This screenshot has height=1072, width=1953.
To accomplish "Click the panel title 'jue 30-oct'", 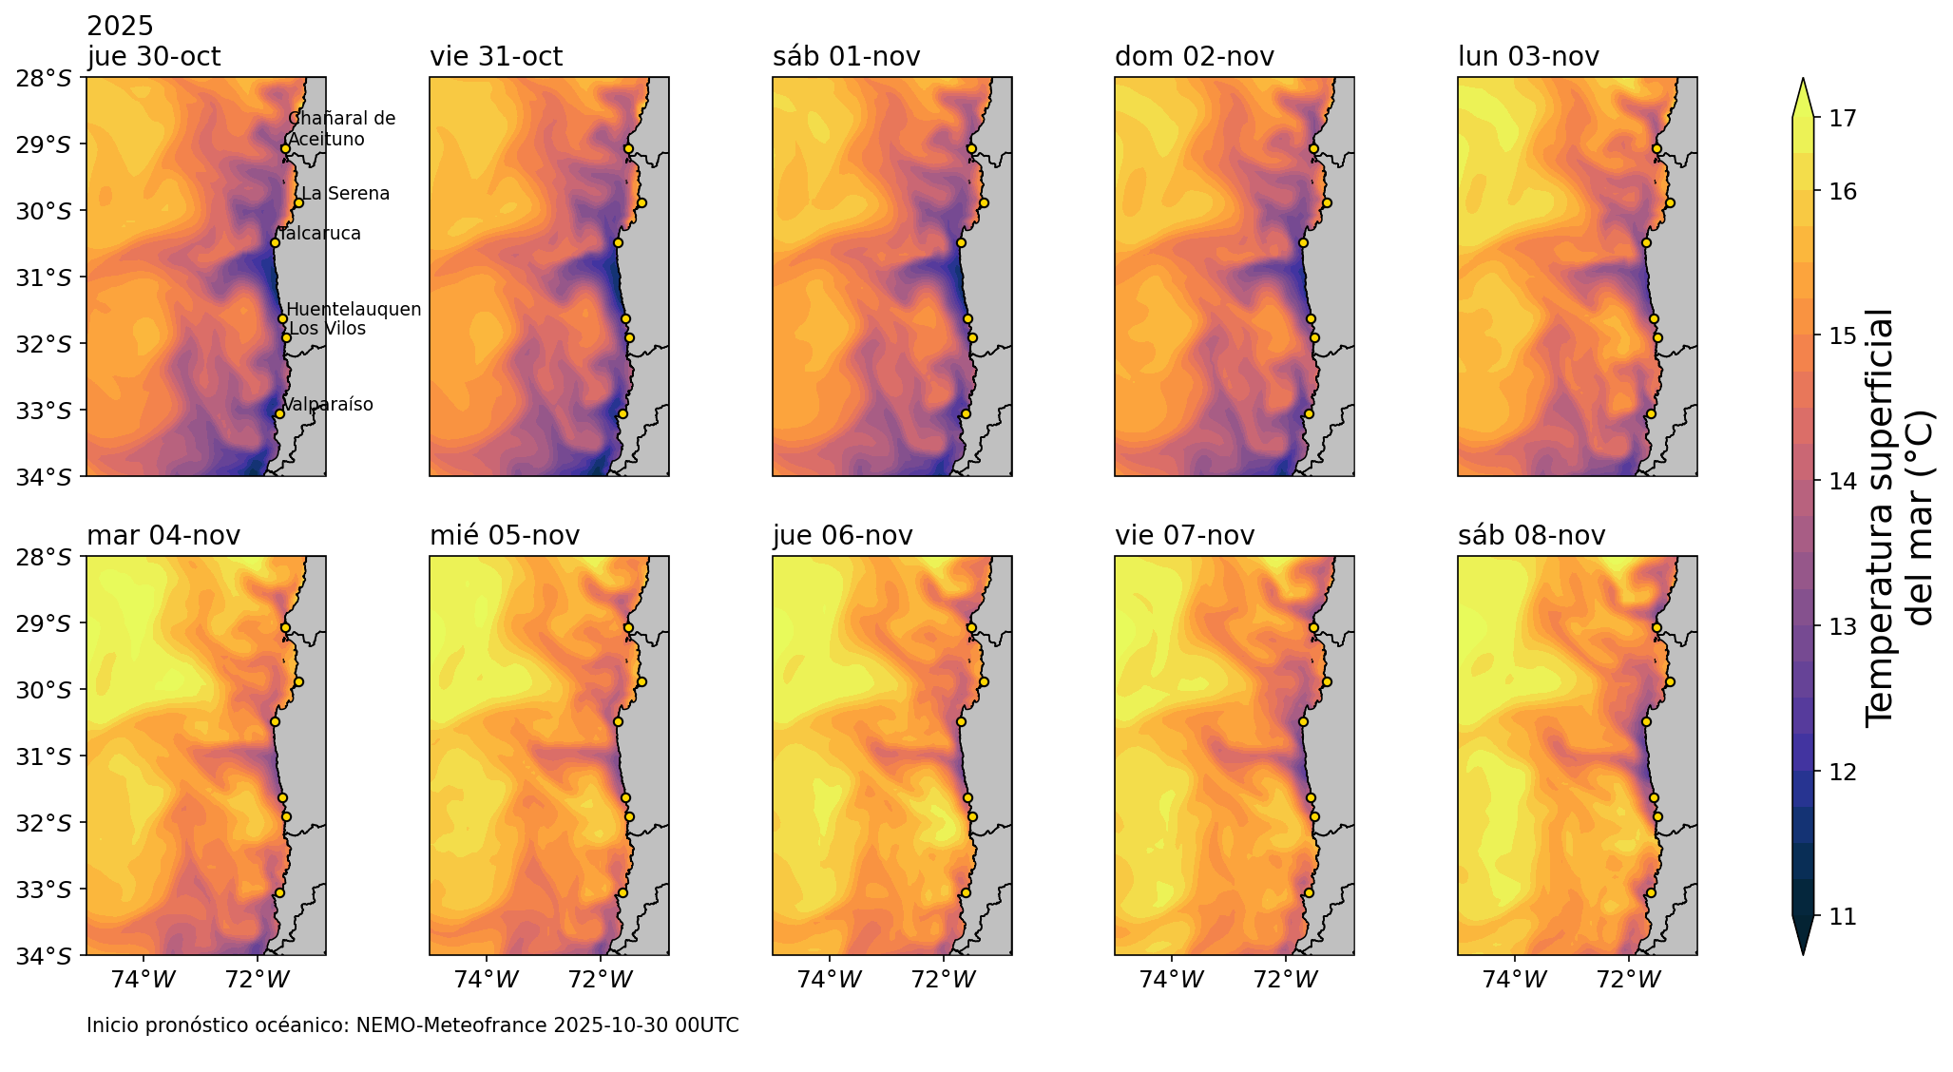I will (x=154, y=57).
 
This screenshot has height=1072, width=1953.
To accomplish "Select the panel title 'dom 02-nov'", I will (x=1194, y=57).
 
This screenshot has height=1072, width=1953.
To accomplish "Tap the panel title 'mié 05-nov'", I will (x=505, y=536).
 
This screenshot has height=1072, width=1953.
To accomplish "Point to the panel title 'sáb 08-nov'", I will (x=1531, y=536).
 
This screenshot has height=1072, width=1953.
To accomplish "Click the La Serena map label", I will (x=345, y=194).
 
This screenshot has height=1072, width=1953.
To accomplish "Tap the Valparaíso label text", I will (x=328, y=405).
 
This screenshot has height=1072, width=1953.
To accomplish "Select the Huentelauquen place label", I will (x=354, y=310).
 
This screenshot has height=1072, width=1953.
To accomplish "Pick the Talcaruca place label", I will (x=320, y=234).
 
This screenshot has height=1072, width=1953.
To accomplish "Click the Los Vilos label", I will (x=327, y=329).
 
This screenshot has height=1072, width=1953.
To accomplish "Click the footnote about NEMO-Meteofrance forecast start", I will (x=412, y=1026).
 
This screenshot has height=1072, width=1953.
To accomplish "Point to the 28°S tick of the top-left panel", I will (x=44, y=79).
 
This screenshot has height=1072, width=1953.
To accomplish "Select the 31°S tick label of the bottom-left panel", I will (x=44, y=757).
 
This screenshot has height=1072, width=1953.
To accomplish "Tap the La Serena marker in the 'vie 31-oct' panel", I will (x=641, y=202).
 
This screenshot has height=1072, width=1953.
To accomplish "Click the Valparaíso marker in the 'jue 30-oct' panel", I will (x=279, y=413).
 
